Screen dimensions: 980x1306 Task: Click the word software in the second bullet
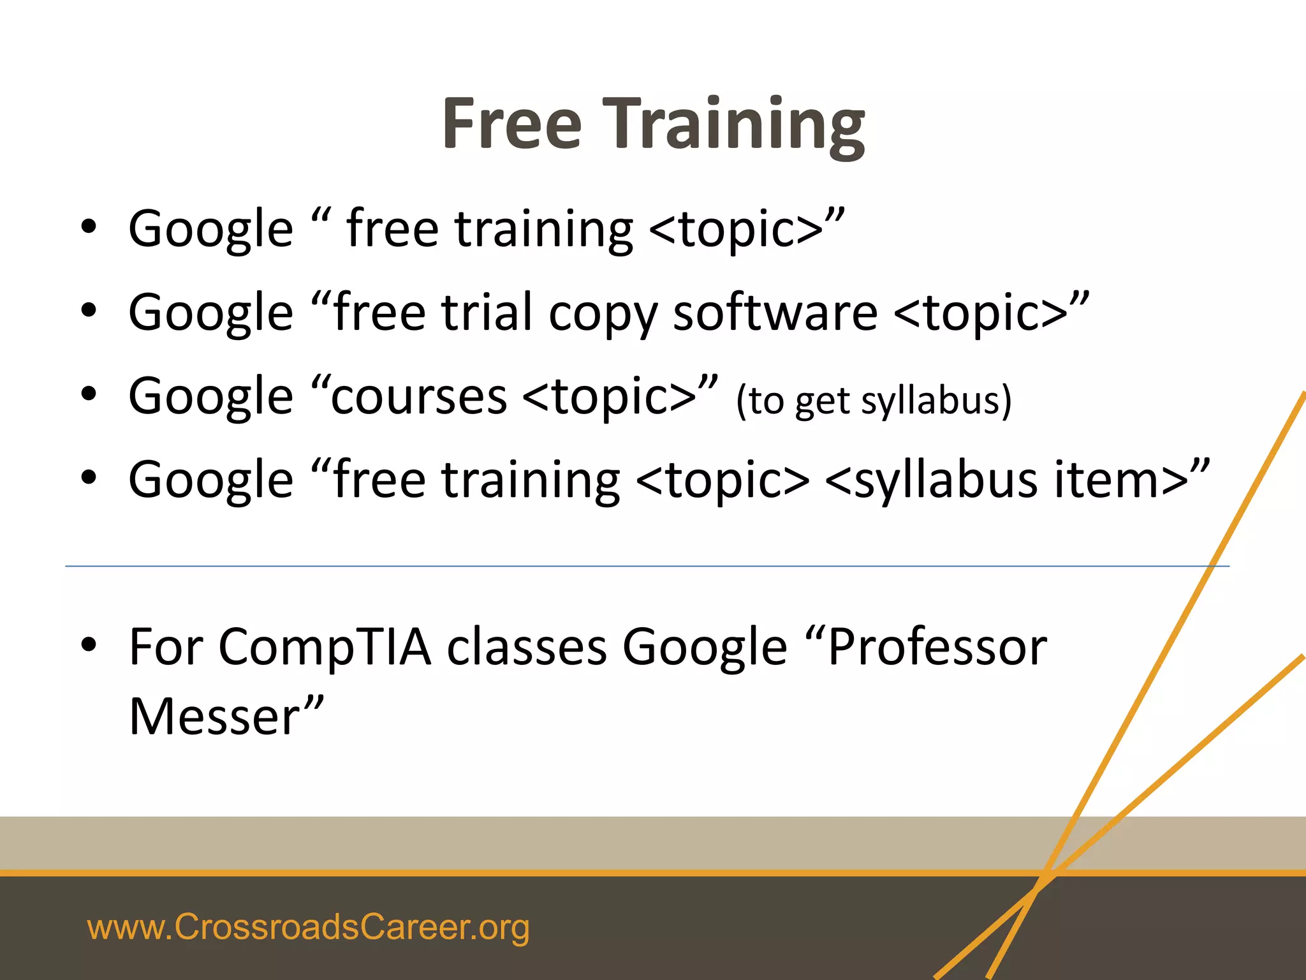(x=775, y=313)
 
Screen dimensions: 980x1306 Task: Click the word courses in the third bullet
(x=418, y=397)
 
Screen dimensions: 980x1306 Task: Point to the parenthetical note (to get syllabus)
(x=874, y=401)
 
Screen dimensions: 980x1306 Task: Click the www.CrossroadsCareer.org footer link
(x=308, y=927)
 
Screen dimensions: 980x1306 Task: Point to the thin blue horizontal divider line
(x=638, y=566)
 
